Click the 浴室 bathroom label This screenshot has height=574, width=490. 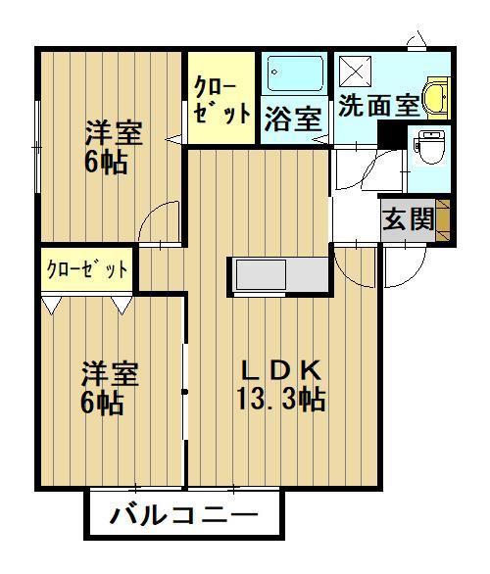[293, 120]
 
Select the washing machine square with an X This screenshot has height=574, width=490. [355, 72]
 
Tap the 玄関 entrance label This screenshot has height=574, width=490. [407, 219]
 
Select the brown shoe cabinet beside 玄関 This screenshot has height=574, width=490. [443, 218]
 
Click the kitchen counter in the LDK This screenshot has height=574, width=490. [280, 274]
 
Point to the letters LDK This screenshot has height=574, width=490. [281, 371]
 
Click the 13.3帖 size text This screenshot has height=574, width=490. [280, 399]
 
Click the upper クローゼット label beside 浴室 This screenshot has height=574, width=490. [221, 99]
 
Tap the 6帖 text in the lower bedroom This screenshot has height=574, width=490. [104, 403]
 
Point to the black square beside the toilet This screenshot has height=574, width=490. [395, 137]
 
